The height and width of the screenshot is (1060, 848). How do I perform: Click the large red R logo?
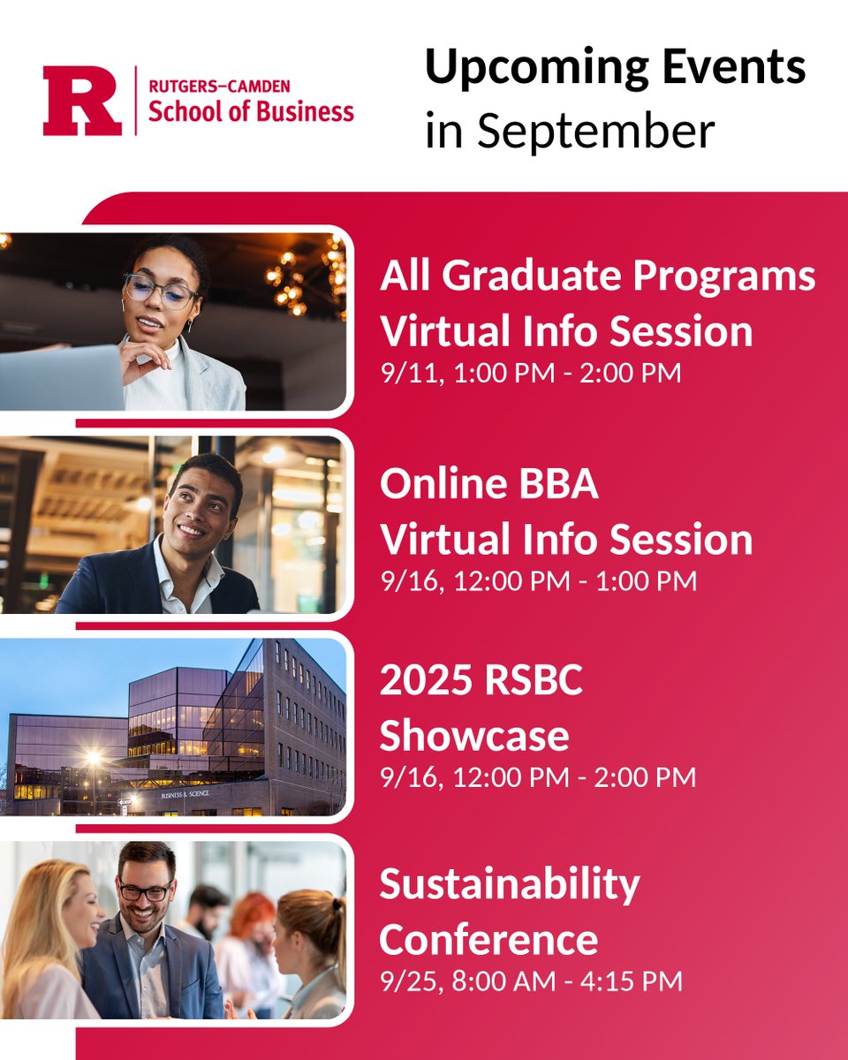81,102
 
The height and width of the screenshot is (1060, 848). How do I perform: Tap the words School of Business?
250,112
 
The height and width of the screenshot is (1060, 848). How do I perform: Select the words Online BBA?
488,485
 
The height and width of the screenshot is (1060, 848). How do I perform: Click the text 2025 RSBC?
481,681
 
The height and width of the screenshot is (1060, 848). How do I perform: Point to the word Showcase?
474,735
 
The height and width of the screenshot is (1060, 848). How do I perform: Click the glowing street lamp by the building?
93,757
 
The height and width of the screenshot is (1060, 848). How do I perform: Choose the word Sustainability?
510,884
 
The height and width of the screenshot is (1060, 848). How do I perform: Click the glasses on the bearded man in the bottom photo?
146,891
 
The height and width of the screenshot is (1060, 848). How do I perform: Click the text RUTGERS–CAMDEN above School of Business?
218,86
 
